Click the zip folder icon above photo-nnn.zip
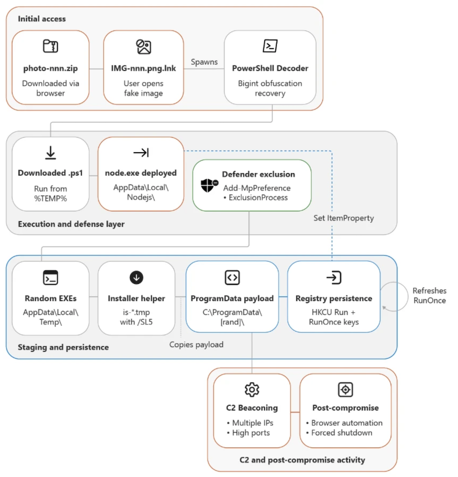point(51,46)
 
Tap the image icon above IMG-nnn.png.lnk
point(144,47)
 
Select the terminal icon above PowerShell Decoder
point(270,46)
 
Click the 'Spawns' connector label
point(204,62)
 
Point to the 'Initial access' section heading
point(42,19)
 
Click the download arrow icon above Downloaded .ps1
point(51,153)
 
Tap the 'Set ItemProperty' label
point(343,218)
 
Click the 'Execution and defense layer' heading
point(71,224)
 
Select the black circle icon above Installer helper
point(136,278)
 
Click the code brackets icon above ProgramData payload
point(232,278)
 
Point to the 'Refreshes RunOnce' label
point(429,296)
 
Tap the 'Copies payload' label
point(196,345)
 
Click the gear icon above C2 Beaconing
point(252,390)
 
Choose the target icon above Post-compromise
point(345,390)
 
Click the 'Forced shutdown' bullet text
point(342,433)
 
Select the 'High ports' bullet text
point(251,433)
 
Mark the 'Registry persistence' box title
point(334,299)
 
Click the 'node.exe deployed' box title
point(141,173)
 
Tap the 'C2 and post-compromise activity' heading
point(302,460)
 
